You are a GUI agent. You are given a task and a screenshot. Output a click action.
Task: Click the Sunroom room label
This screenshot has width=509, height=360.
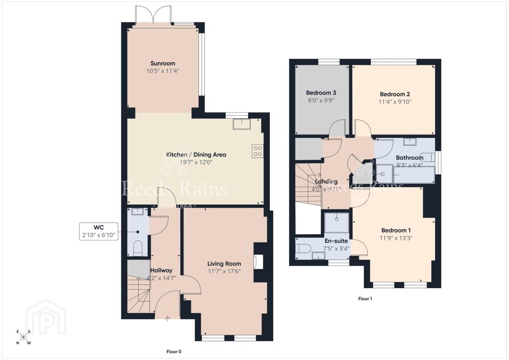point(163,63)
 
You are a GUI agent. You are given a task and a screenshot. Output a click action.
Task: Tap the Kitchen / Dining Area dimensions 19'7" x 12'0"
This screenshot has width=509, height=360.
point(196,162)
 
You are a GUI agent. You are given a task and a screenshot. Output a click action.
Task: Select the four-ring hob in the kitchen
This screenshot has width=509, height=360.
point(258,151)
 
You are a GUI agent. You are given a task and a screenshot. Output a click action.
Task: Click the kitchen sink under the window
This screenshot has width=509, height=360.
point(242,124)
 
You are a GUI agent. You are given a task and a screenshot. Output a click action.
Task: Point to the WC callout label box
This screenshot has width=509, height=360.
point(99,231)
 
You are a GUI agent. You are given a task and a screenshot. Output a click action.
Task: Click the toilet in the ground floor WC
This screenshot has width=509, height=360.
point(137,248)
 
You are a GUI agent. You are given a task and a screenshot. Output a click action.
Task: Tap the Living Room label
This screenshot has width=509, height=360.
point(224,264)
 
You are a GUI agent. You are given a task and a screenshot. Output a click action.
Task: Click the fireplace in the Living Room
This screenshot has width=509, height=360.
point(259,262)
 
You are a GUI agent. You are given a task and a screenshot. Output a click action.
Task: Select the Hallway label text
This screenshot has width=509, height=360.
point(161,270)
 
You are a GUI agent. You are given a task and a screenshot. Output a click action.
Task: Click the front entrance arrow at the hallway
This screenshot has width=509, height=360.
point(167,319)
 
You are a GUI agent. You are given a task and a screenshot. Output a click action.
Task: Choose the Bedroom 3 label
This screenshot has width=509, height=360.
point(321,93)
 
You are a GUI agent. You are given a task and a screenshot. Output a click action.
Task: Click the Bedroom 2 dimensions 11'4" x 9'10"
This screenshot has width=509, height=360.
point(395,102)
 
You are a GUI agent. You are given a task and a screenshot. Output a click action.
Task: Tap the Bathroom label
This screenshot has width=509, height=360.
point(410,158)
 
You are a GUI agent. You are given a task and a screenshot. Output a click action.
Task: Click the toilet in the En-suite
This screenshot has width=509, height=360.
point(303,249)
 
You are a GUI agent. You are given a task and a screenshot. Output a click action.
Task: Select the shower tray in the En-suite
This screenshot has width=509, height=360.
point(337,223)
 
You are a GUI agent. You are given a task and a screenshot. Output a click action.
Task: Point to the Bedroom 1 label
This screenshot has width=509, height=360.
point(396,230)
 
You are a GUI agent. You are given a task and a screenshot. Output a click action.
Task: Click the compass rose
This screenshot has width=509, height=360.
point(23,337)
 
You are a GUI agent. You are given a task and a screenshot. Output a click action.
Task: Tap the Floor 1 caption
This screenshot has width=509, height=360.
point(365,299)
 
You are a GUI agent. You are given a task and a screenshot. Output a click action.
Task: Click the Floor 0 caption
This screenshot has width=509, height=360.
point(174,352)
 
